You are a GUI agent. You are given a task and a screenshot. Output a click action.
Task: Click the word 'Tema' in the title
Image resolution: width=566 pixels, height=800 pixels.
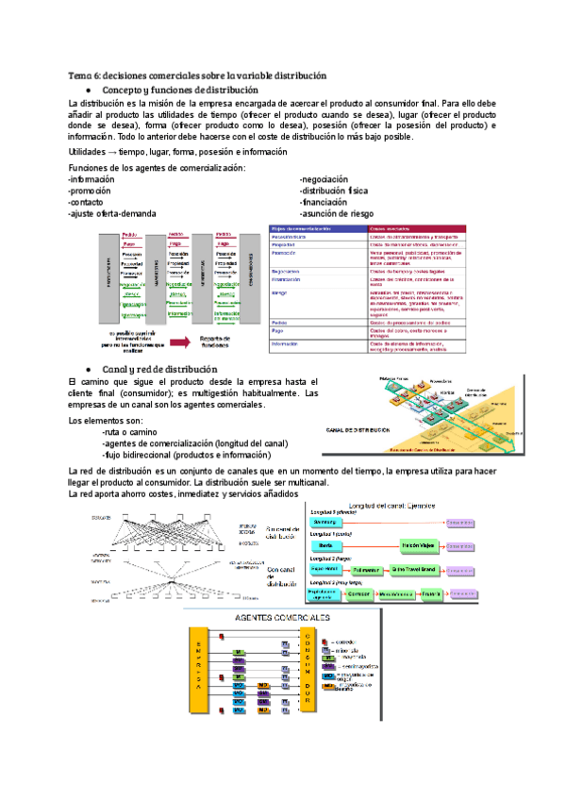(78, 75)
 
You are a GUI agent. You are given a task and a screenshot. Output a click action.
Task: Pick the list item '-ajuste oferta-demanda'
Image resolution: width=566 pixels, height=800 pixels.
(112, 214)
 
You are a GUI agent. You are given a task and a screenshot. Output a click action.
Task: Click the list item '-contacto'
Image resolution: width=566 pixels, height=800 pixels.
(87, 202)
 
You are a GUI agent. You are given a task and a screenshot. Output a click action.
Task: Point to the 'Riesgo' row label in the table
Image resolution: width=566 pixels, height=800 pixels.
(280, 293)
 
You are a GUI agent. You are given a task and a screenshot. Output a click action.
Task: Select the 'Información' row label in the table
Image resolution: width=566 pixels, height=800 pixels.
(286, 343)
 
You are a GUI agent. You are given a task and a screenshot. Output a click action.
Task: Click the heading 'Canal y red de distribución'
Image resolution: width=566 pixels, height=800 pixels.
(160, 368)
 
